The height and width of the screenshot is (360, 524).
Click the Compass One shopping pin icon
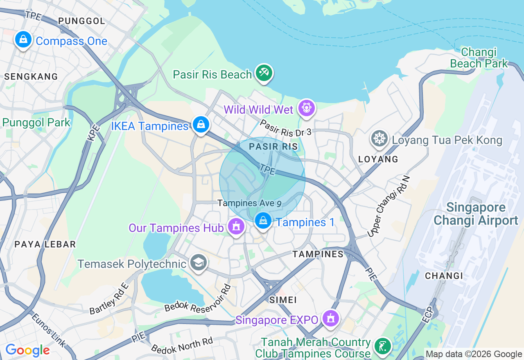(x=23, y=40)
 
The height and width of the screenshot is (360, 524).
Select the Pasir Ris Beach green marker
(x=264, y=73)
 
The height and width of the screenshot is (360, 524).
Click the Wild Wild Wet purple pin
(x=307, y=108)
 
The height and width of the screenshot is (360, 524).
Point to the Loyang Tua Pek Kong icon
(x=379, y=139)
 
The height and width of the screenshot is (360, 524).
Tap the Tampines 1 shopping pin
(x=263, y=221)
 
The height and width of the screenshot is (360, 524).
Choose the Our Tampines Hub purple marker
(x=236, y=226)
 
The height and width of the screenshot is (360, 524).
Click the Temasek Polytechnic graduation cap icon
(x=199, y=263)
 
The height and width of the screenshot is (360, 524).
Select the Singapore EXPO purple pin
(x=330, y=318)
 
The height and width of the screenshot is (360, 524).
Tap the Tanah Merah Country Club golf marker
(x=383, y=346)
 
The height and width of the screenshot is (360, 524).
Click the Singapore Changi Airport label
(x=476, y=214)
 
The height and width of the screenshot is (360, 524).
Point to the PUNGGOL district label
(x=82, y=21)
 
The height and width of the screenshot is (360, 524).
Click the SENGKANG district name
(x=31, y=76)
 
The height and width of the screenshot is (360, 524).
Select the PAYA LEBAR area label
(x=45, y=244)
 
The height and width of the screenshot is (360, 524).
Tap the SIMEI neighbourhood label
(x=283, y=300)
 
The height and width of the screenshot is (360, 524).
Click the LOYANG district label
(x=378, y=159)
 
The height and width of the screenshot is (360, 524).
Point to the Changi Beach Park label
(x=479, y=58)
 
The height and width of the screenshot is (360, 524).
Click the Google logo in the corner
(x=27, y=350)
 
